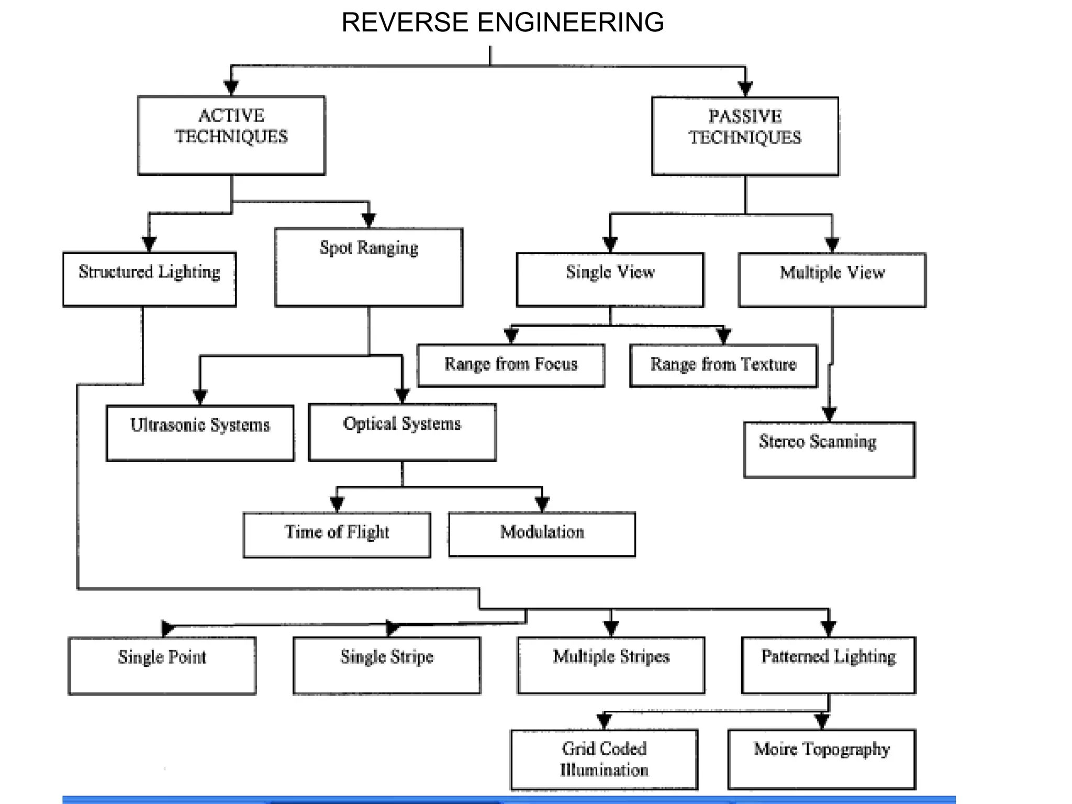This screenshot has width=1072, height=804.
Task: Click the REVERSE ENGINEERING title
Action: pos(502,23)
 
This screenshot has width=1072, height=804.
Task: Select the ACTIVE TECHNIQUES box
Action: pos(231,135)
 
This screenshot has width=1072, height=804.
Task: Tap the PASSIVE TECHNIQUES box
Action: pos(745,136)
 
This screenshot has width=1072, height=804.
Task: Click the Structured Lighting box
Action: pos(149,279)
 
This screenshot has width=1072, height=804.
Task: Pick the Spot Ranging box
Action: pos(368,267)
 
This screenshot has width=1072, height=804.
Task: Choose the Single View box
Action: pos(610,280)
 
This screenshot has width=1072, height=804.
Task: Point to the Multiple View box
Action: pos(832,280)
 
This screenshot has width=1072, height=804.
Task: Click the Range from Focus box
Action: pos(511,365)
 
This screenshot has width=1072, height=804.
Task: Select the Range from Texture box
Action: pos(723,365)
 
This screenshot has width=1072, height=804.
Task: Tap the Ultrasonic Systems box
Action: pos(200,432)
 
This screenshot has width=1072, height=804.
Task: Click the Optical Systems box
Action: pos(402,432)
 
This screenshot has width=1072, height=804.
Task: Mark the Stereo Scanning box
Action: pos(829,450)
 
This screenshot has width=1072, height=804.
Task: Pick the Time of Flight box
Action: pos(337,534)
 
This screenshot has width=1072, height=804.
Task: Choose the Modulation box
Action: pos(542,534)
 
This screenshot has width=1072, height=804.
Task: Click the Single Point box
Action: pos(162,665)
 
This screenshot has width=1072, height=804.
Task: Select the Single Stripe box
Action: pos(387,665)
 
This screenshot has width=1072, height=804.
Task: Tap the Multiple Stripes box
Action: pos(611,665)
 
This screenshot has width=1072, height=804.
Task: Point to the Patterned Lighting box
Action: pos(829,665)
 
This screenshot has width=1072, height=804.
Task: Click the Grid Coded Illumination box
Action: pos(604,759)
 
